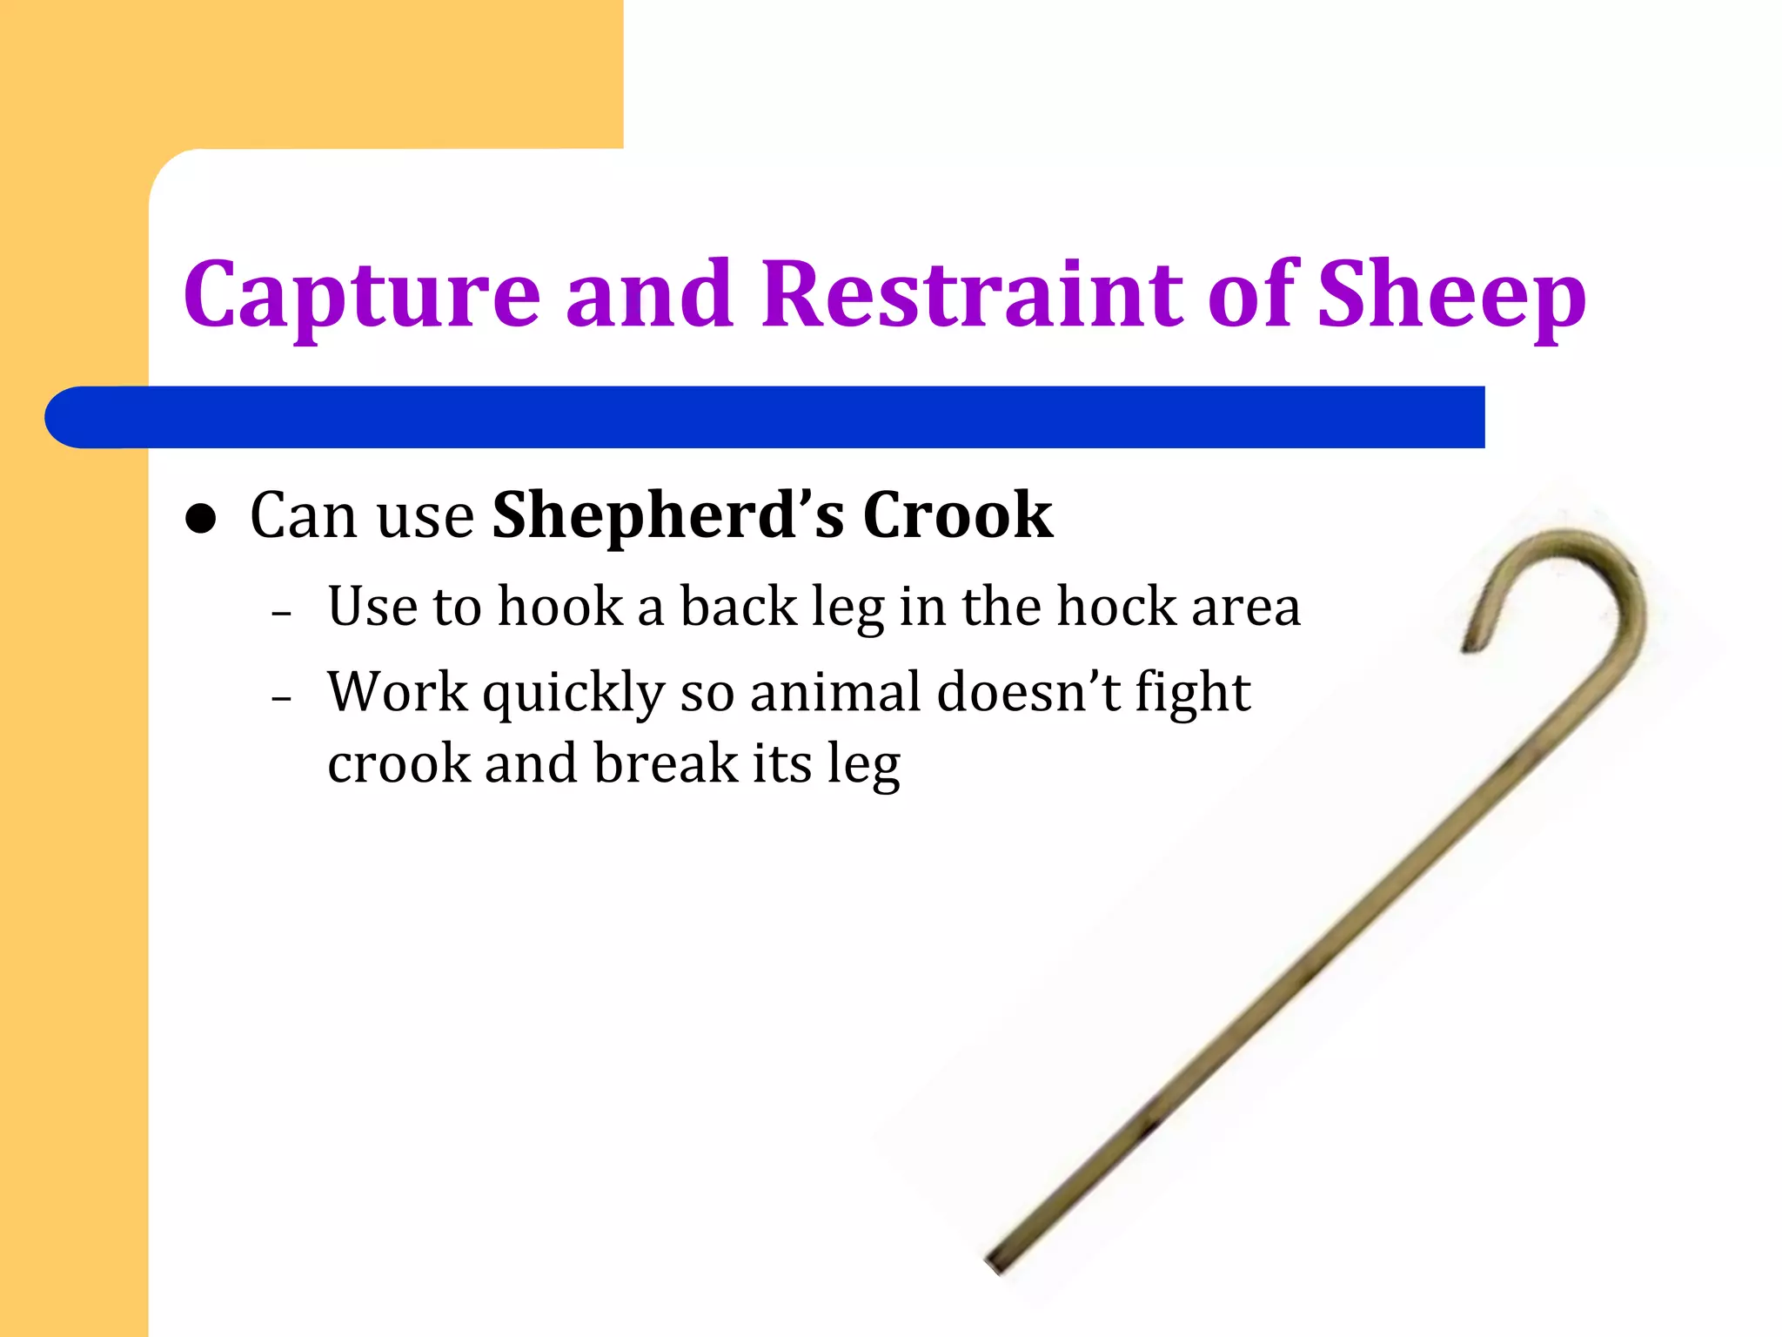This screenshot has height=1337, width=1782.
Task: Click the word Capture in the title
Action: (x=361, y=296)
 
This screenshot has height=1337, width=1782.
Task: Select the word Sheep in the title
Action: (x=1451, y=296)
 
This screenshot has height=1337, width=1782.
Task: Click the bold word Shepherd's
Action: (x=667, y=515)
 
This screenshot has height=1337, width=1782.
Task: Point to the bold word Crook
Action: (x=957, y=515)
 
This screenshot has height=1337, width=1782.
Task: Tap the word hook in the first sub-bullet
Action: (x=560, y=606)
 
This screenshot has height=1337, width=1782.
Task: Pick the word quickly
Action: (x=573, y=694)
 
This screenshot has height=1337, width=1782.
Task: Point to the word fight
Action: (x=1193, y=694)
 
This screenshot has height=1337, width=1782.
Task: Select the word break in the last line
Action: (x=667, y=763)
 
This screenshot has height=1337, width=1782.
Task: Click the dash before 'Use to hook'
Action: (x=281, y=613)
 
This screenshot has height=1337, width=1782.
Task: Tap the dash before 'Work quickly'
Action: (x=281, y=699)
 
